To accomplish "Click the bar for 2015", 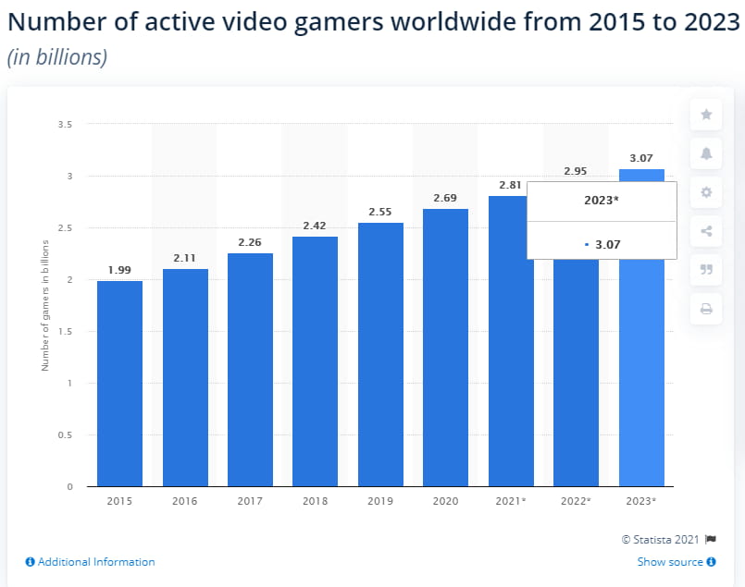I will [119, 384].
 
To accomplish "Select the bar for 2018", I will [315, 361].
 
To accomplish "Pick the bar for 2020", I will [445, 348].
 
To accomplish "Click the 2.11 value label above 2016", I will [185, 259].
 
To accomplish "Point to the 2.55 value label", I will [380, 212].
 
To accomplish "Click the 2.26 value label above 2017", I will [250, 243].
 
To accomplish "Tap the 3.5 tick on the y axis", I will [66, 124].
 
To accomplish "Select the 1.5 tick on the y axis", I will [66, 331].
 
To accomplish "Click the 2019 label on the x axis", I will [380, 501].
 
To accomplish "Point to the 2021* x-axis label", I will [511, 501].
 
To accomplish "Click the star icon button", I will [706, 115].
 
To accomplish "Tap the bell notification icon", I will [706, 153].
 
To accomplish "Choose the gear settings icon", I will [706, 192].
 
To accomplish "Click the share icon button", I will [706, 231].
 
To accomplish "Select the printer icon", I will [706, 309].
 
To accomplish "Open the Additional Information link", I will [90, 562].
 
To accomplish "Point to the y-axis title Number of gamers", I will [44, 304].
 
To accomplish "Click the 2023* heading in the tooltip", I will [602, 202].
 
